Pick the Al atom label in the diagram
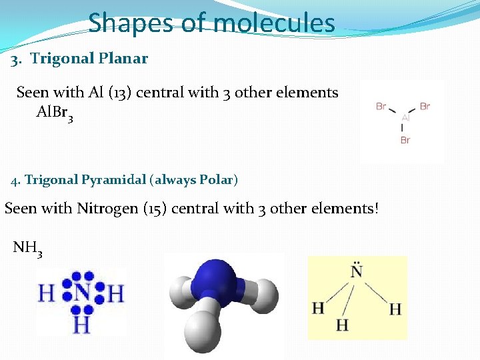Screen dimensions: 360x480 pos(405,118)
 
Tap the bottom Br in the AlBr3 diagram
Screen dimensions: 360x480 pos(405,140)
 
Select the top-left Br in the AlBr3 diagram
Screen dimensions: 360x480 pos(381,106)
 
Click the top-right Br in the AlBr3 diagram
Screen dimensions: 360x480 pos(425,106)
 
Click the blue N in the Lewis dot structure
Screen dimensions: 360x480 pos(82,293)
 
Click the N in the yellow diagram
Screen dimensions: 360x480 pos(357,272)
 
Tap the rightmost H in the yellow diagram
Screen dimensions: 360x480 pos(395,309)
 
